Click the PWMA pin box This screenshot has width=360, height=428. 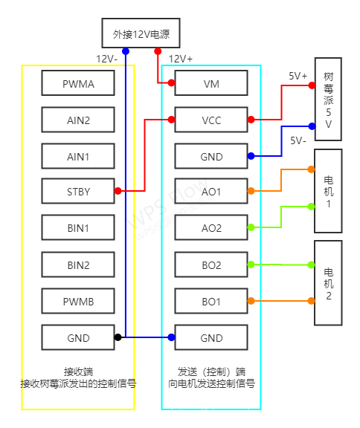[x=78, y=84]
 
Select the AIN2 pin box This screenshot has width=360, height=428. [x=78, y=120]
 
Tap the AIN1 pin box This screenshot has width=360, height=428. [x=78, y=156]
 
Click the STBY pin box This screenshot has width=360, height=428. [x=78, y=192]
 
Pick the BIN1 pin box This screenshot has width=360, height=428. [x=78, y=227]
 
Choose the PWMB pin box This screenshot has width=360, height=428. [x=78, y=301]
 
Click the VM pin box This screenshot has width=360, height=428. [x=211, y=84]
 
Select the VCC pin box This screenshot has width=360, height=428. [x=211, y=120]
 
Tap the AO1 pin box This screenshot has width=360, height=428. [x=211, y=192]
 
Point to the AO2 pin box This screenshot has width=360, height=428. [x=211, y=227]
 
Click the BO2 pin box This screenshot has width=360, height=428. [x=211, y=265]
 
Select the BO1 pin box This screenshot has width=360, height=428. [x=211, y=301]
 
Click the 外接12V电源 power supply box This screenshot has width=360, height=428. [x=141, y=34]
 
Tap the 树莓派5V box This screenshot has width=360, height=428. [x=328, y=99]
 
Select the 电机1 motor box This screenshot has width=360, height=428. [x=328, y=192]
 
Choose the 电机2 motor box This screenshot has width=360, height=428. [x=328, y=282]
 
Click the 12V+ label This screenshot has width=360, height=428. [x=181, y=59]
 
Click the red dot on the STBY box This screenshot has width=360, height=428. [x=118, y=191]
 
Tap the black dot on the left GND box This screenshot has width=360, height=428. [x=118, y=337]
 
